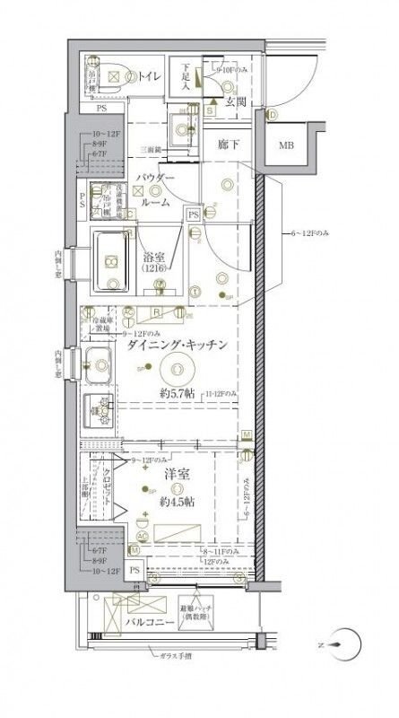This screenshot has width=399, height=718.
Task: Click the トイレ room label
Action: pos(148,77)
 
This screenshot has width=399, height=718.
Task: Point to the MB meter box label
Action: pos(285,145)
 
